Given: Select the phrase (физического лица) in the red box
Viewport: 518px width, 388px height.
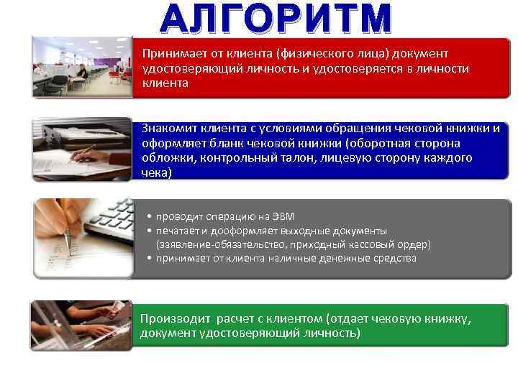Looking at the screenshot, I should point(320,54).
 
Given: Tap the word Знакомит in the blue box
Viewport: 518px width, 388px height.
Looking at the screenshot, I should point(166,129).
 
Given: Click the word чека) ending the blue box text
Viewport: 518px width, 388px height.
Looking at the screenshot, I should point(156,173).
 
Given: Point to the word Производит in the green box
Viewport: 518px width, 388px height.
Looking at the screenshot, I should point(171,318).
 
